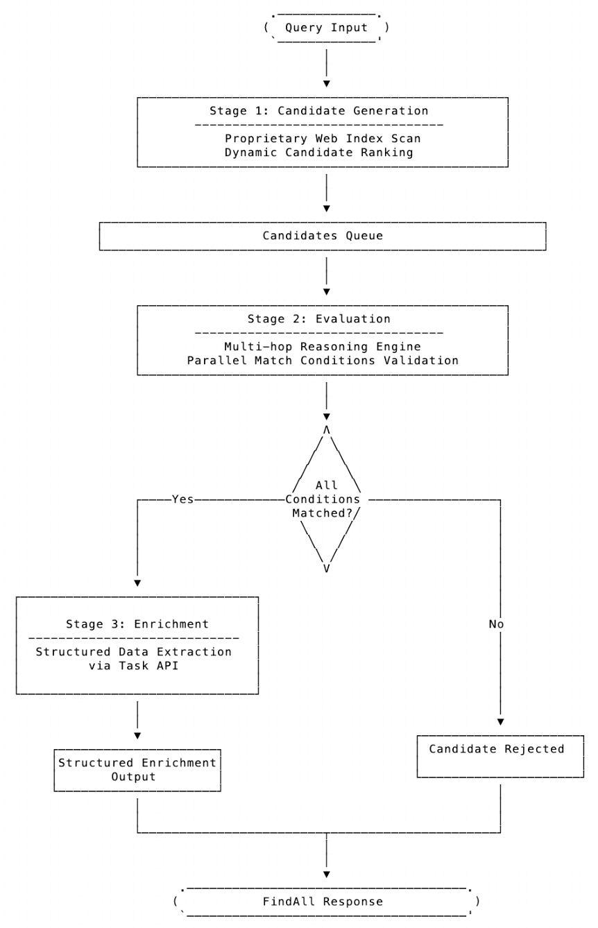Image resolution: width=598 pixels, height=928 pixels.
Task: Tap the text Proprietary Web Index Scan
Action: (323, 139)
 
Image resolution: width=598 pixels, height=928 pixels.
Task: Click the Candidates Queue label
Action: (323, 236)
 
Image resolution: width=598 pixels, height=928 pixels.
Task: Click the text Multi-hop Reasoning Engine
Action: (323, 347)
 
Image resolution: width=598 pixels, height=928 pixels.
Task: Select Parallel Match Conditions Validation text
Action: (323, 361)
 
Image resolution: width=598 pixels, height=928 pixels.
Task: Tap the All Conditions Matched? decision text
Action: (326, 499)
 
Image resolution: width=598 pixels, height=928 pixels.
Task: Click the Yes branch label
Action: (182, 499)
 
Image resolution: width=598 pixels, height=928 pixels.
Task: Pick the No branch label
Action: (496, 624)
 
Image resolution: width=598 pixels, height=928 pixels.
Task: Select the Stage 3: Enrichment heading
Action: (137, 624)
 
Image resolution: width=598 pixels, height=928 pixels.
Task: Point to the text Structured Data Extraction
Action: (134, 652)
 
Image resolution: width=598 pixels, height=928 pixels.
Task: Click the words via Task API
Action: (137, 666)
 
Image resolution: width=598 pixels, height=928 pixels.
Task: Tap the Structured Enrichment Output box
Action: (137, 770)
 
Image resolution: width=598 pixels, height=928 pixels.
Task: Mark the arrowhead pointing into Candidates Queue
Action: (326, 208)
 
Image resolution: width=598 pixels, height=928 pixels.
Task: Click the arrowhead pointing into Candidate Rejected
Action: (499, 722)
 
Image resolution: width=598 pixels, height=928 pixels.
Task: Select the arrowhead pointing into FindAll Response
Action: (326, 874)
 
